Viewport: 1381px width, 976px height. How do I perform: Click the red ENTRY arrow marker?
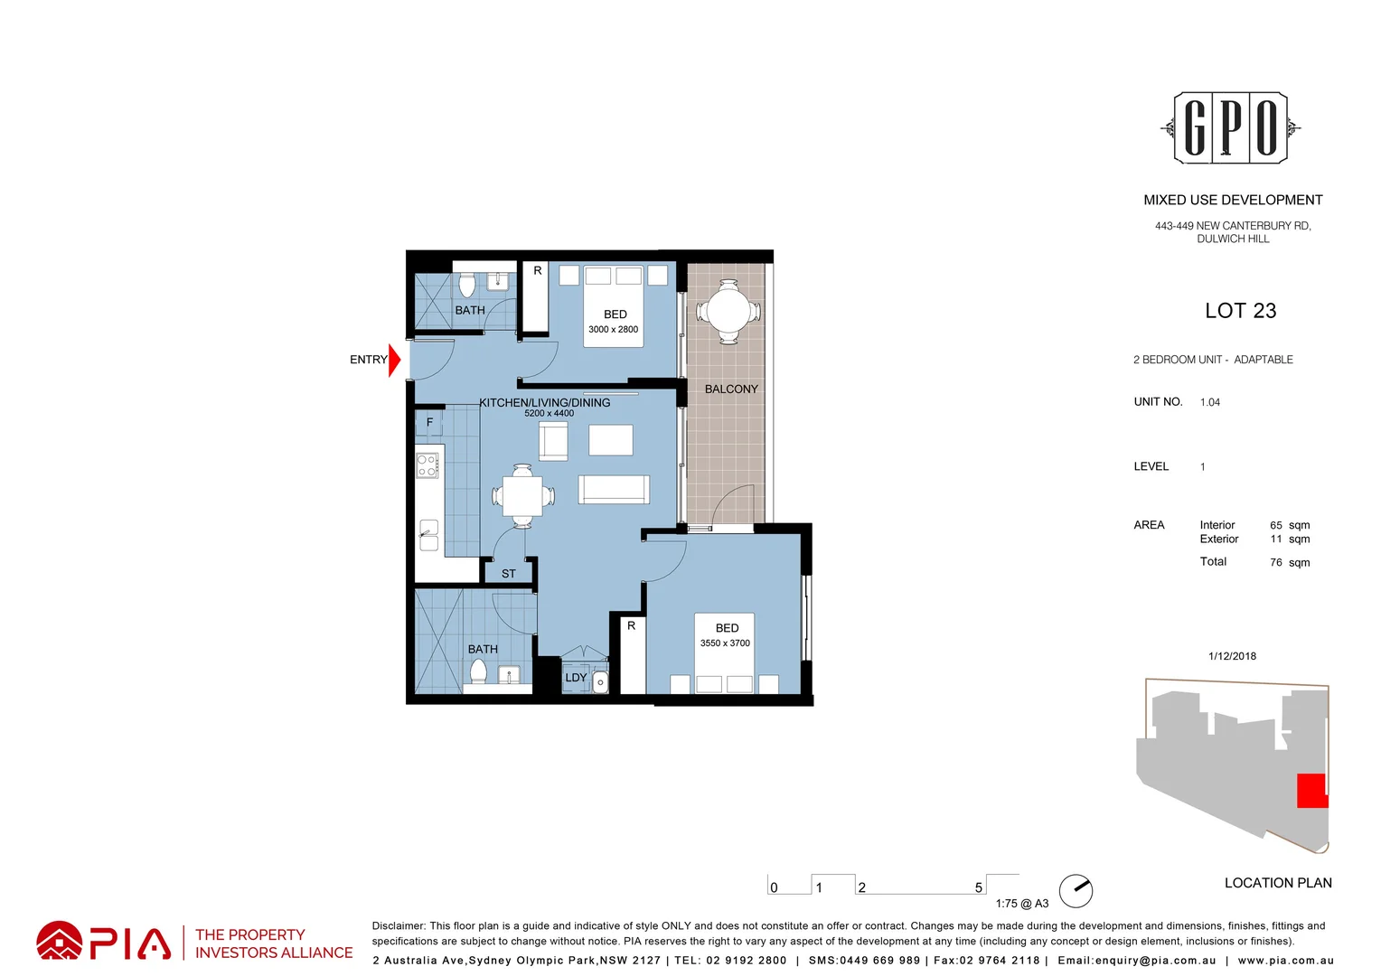[394, 360]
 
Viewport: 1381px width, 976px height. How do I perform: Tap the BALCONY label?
[731, 389]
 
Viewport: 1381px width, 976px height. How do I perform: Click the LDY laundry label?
[576, 678]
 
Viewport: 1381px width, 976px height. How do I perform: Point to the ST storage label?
[509, 574]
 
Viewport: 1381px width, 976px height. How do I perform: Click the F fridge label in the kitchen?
[429, 422]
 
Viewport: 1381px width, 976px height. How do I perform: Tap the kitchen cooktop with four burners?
[427, 465]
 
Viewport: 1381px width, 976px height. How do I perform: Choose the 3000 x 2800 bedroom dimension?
[613, 330]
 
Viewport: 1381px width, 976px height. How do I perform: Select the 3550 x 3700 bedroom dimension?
[725, 643]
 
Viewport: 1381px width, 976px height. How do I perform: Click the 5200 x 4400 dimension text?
[549, 414]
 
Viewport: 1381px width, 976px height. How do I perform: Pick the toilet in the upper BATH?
[466, 286]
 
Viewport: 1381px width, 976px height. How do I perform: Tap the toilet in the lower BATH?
[478, 671]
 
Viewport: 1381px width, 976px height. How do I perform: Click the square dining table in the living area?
[522, 495]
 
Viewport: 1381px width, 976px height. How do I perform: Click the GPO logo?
[1230, 127]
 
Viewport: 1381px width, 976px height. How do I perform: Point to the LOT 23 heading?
[1240, 311]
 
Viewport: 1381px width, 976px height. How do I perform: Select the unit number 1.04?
[1210, 403]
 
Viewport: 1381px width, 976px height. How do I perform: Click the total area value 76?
[1276, 563]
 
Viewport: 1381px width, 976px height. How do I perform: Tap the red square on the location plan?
[1311, 791]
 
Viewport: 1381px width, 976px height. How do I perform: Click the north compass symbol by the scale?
[1076, 891]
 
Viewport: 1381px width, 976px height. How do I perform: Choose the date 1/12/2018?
[1232, 656]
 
